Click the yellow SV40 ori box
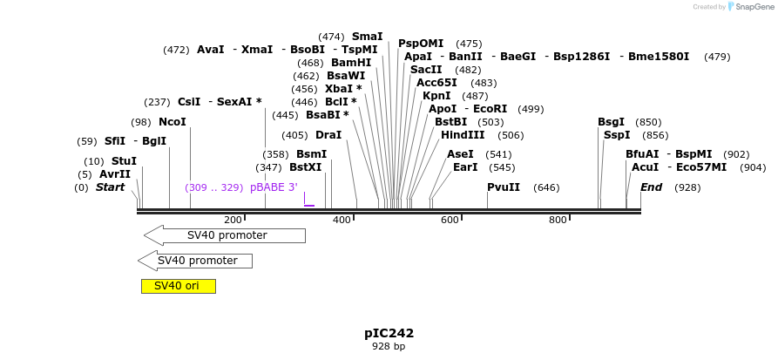click(x=178, y=286)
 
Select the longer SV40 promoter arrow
click(x=225, y=235)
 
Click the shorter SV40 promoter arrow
click(x=195, y=261)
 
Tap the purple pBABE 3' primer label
click(x=274, y=187)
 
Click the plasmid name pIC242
click(x=389, y=333)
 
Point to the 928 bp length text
click(x=389, y=347)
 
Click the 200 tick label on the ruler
click(x=233, y=220)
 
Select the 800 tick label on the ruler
click(x=558, y=220)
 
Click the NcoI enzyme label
click(x=172, y=122)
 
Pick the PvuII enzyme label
click(x=504, y=187)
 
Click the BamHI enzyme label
click(x=351, y=63)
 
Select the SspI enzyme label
click(x=617, y=135)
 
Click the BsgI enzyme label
click(x=611, y=122)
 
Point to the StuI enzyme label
click(x=124, y=161)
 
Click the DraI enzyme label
click(x=328, y=135)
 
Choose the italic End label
click(x=651, y=187)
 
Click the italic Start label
click(x=110, y=187)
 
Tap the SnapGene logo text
click(x=754, y=7)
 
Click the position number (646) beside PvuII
click(x=546, y=187)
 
